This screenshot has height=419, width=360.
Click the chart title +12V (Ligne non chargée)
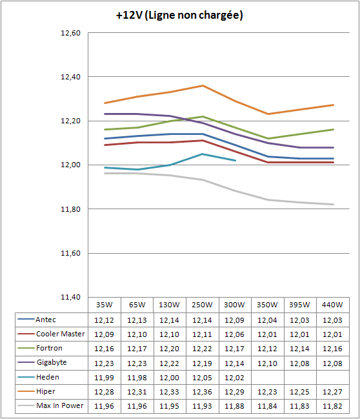pyautogui.click(x=179, y=15)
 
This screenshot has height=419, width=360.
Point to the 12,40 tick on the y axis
pyautogui.click(x=71, y=77)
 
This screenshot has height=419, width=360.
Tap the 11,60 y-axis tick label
pyautogui.click(x=71, y=253)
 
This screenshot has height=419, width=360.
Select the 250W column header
pyautogui.click(x=202, y=305)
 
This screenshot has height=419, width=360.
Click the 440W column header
pyautogui.click(x=332, y=305)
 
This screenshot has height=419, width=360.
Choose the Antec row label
pyautogui.click(x=46, y=320)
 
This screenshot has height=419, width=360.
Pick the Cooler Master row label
pyautogui.click(x=61, y=334)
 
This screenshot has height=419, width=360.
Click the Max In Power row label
pyautogui.click(x=60, y=405)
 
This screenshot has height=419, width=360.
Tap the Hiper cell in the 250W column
pyautogui.click(x=202, y=392)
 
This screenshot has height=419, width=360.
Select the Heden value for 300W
pyautogui.click(x=234, y=378)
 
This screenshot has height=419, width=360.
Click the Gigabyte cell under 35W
pyautogui.click(x=104, y=363)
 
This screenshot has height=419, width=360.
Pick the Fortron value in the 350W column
pyautogui.click(x=267, y=349)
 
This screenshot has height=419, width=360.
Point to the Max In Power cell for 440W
pyautogui.click(x=332, y=406)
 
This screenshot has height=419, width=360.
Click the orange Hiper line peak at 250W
pyautogui.click(x=203, y=85)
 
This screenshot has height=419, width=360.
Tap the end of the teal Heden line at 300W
pyautogui.click(x=235, y=160)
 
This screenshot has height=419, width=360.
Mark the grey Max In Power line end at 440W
pyautogui.click(x=334, y=205)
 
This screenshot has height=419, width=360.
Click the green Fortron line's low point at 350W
pyautogui.click(x=268, y=138)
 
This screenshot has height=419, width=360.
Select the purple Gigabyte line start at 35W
pyautogui.click(x=105, y=114)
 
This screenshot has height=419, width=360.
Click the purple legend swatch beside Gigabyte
pyautogui.click(x=26, y=362)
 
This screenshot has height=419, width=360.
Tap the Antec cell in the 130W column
pyautogui.click(x=169, y=320)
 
